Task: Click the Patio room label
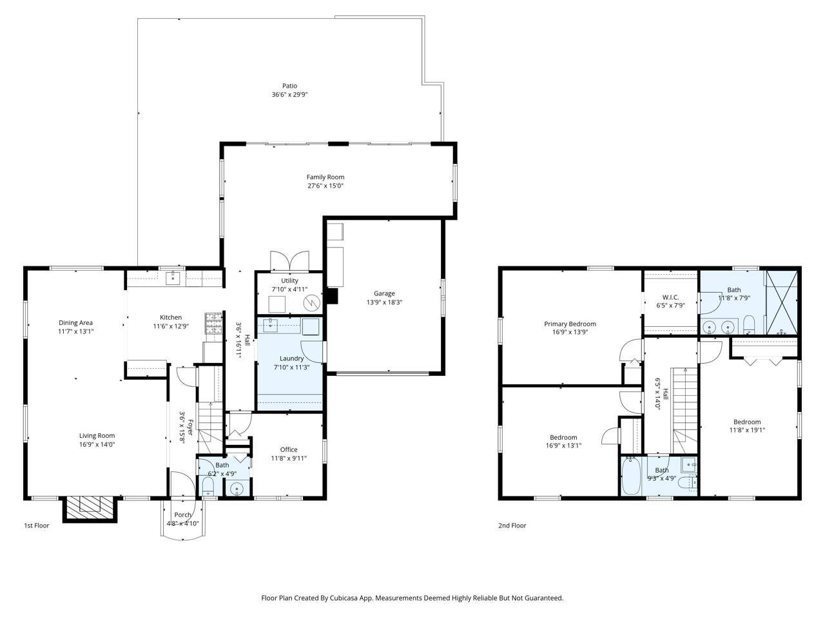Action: click(x=289, y=86)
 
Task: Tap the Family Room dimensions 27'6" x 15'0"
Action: click(x=325, y=186)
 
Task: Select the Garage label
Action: click(x=384, y=293)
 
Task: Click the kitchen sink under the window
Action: click(x=172, y=278)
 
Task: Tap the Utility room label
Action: click(x=289, y=280)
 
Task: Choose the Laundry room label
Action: click(x=291, y=359)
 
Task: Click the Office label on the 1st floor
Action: click(x=289, y=449)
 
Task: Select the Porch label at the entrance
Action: click(x=182, y=515)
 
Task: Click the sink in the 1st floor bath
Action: click(x=238, y=489)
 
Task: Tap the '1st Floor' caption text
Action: click(x=37, y=526)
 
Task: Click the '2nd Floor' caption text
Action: click(x=512, y=526)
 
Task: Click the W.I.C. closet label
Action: click(x=670, y=297)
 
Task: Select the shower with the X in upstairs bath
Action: click(x=782, y=302)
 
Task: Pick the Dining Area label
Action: click(x=76, y=322)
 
